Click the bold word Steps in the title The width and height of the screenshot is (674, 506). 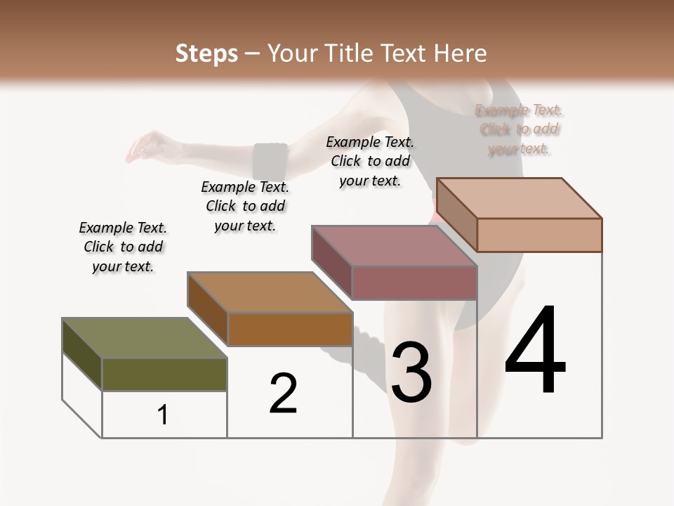click(x=206, y=53)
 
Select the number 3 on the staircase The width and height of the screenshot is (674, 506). click(x=411, y=373)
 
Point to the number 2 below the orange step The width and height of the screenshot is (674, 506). click(x=283, y=394)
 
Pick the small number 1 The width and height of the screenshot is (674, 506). click(x=163, y=415)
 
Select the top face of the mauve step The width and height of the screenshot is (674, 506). click(x=394, y=246)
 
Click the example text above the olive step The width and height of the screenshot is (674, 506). click(x=123, y=247)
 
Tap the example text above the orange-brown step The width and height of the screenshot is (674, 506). click(x=245, y=206)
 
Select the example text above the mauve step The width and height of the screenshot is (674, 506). click(x=370, y=161)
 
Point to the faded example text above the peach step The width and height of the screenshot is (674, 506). click(x=519, y=129)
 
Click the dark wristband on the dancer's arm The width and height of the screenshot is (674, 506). click(x=270, y=161)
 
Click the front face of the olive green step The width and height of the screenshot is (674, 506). click(x=164, y=375)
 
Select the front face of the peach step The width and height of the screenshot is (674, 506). click(x=539, y=235)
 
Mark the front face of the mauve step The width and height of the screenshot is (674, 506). click(x=414, y=283)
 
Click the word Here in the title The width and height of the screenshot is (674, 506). click(x=462, y=53)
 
